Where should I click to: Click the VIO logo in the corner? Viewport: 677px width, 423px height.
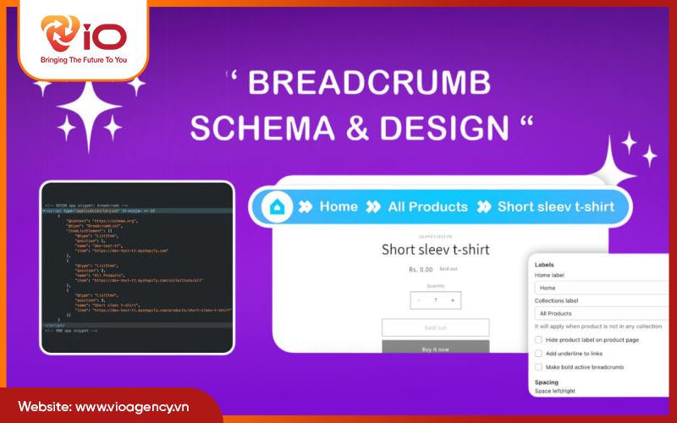[x=82, y=36]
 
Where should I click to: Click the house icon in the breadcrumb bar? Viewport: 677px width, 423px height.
[x=276, y=206]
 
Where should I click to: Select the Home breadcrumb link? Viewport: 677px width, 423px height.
[x=338, y=206]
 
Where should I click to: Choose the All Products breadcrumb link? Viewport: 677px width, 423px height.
[x=427, y=206]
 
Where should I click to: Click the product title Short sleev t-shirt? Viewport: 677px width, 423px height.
[x=435, y=250]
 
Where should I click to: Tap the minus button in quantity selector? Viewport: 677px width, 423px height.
[x=416, y=300]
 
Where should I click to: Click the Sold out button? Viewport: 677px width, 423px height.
[x=435, y=327]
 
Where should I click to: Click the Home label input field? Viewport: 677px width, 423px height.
[x=601, y=288]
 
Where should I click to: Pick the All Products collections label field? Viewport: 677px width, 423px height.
[x=601, y=312]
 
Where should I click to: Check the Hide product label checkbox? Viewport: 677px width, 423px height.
[x=539, y=339]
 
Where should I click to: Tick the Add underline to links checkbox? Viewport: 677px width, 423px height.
[x=539, y=353]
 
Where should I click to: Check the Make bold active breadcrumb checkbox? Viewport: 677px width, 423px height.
[x=539, y=366]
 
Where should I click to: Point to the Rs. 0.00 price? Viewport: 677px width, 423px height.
[x=416, y=270]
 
